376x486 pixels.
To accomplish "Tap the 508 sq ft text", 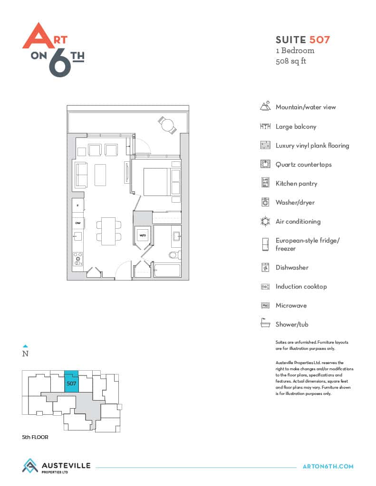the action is [x=290, y=61].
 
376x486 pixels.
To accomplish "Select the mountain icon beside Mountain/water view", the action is [x=265, y=106].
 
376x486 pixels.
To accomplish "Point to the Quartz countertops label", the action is [x=303, y=165].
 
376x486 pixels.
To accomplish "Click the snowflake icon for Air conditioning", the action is [x=265, y=221].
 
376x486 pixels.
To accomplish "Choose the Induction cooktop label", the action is [x=301, y=286].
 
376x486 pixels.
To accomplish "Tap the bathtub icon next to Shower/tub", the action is [x=265, y=323].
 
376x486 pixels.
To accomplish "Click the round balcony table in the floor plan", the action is [x=167, y=125].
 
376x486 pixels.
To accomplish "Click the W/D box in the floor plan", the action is [x=143, y=235].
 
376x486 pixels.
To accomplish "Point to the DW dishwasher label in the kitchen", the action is [x=77, y=223].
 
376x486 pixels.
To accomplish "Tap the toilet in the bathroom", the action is [x=175, y=255].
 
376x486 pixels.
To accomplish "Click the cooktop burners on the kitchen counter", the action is [x=78, y=259].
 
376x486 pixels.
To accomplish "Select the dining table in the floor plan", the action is [x=108, y=231].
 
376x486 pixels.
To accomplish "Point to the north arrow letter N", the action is [x=26, y=353].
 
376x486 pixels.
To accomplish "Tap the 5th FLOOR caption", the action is [x=35, y=437].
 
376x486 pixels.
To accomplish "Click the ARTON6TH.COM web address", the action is [x=328, y=466].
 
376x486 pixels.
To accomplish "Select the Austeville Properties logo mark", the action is [x=30, y=466].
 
